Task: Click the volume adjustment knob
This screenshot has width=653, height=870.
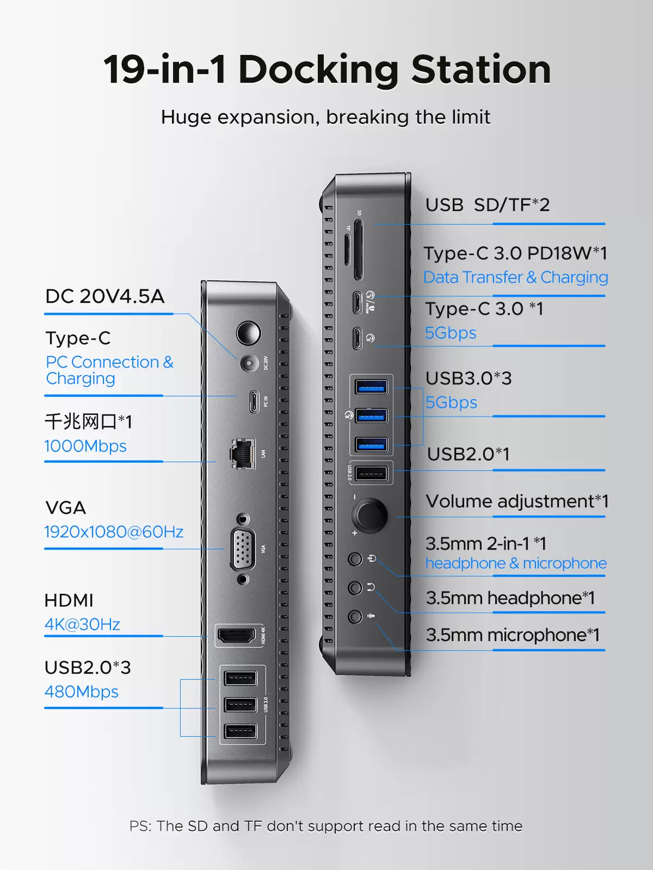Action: (x=369, y=515)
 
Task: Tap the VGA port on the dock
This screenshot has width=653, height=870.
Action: (x=243, y=549)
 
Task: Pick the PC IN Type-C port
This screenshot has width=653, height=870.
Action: (x=254, y=401)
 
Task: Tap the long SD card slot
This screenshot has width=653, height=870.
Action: (x=358, y=250)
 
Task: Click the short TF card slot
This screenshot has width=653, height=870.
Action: (x=347, y=250)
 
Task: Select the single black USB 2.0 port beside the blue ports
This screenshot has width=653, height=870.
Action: (x=371, y=473)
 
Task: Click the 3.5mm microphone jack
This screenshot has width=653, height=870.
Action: (x=355, y=617)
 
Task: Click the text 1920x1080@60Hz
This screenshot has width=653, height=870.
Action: (x=114, y=531)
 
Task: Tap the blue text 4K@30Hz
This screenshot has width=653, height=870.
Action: (x=82, y=624)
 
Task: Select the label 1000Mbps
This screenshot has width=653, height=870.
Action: (x=85, y=446)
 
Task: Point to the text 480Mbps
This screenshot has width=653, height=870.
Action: (x=81, y=692)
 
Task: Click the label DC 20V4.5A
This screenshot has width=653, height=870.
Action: (x=104, y=296)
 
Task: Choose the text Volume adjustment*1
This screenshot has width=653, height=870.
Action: (x=517, y=501)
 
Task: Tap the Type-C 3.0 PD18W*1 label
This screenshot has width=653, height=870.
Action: (x=515, y=253)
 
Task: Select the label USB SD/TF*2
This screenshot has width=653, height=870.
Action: (x=487, y=205)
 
